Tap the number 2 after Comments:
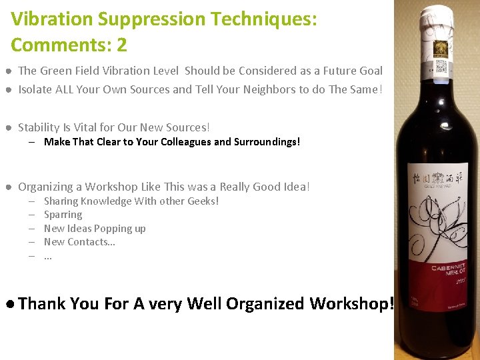121,45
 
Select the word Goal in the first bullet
370,71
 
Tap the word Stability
39,127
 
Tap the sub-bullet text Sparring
63,215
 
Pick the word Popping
110,229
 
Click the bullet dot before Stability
7,127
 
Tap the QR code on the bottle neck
441,67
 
